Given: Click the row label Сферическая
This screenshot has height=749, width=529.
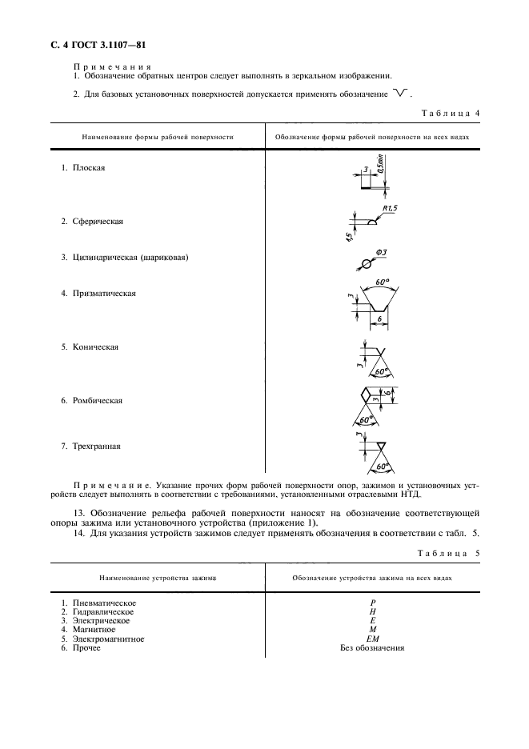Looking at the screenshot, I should click(x=97, y=221).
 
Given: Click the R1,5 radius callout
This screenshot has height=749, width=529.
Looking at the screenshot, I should click(x=390, y=209).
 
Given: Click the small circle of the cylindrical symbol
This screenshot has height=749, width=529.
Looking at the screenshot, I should click(x=367, y=264).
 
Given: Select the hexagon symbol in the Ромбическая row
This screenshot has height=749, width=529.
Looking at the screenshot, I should click(x=369, y=395).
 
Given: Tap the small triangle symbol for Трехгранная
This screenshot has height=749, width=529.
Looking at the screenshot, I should click(x=381, y=446).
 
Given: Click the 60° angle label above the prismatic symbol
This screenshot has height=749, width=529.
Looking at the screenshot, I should click(x=381, y=282).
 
